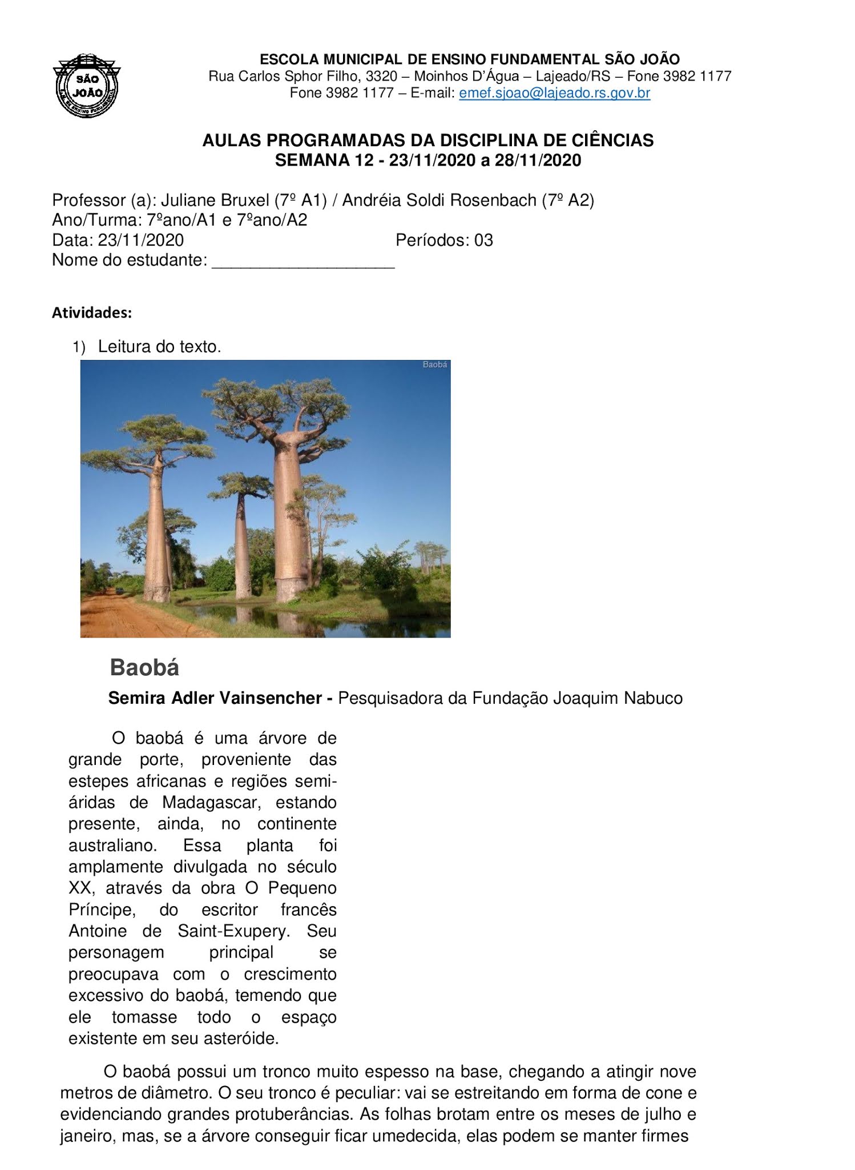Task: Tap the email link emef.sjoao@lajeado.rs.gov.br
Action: [x=554, y=93]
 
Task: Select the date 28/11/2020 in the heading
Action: [x=538, y=161]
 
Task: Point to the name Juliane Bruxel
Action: [x=215, y=201]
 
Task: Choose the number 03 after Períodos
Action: [x=483, y=240]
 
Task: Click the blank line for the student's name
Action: [x=303, y=262]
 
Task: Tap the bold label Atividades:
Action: [x=92, y=313]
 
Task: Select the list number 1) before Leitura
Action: [x=78, y=347]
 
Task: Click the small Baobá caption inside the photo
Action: [x=434, y=364]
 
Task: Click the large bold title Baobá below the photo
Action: [x=144, y=667]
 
